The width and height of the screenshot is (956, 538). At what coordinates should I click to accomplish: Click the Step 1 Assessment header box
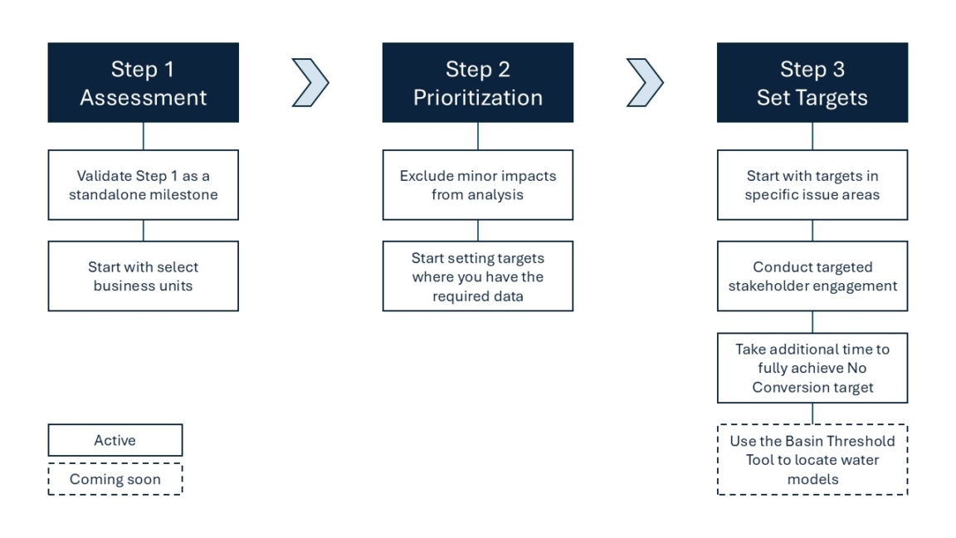click(x=143, y=83)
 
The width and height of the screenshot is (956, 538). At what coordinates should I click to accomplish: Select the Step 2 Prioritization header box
click(x=477, y=83)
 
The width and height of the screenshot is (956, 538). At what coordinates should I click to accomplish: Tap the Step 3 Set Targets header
click(x=812, y=83)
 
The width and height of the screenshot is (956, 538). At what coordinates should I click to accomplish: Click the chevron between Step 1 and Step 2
click(x=311, y=83)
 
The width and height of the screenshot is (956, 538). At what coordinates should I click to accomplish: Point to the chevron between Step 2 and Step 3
click(x=645, y=83)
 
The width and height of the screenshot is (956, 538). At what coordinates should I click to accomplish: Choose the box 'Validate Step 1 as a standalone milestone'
click(x=143, y=185)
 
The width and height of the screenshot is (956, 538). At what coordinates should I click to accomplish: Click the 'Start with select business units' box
click(x=143, y=276)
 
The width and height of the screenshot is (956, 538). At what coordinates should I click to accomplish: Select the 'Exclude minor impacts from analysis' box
click(x=477, y=185)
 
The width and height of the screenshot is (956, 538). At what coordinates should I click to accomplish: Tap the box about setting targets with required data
click(x=477, y=276)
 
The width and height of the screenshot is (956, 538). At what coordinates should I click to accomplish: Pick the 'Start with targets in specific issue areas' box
click(x=812, y=185)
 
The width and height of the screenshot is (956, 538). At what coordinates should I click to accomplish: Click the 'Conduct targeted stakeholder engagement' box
click(x=812, y=276)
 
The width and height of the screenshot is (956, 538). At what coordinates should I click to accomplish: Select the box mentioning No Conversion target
click(x=812, y=368)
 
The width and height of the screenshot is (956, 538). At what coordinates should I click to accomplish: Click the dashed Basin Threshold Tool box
click(x=812, y=460)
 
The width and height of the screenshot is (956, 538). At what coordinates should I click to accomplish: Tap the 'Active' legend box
click(x=115, y=440)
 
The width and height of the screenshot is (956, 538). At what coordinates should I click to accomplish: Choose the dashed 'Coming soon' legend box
click(x=115, y=479)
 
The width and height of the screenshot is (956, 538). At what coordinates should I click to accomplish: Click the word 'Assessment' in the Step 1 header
click(x=143, y=97)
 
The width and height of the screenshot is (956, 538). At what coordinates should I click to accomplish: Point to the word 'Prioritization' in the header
click(x=477, y=97)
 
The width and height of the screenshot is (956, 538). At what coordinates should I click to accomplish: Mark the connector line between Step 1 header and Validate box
click(x=144, y=136)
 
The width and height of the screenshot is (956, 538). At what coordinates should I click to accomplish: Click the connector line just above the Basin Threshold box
click(x=812, y=413)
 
